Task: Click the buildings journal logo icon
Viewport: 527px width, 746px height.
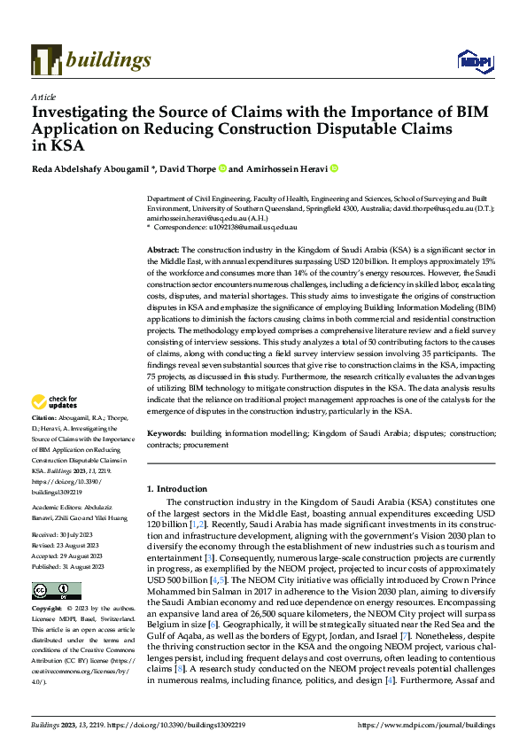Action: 47,58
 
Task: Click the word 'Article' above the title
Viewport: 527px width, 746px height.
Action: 43,96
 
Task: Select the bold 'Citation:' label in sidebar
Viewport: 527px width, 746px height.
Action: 46,417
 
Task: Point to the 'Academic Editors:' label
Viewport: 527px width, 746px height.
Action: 63,496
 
